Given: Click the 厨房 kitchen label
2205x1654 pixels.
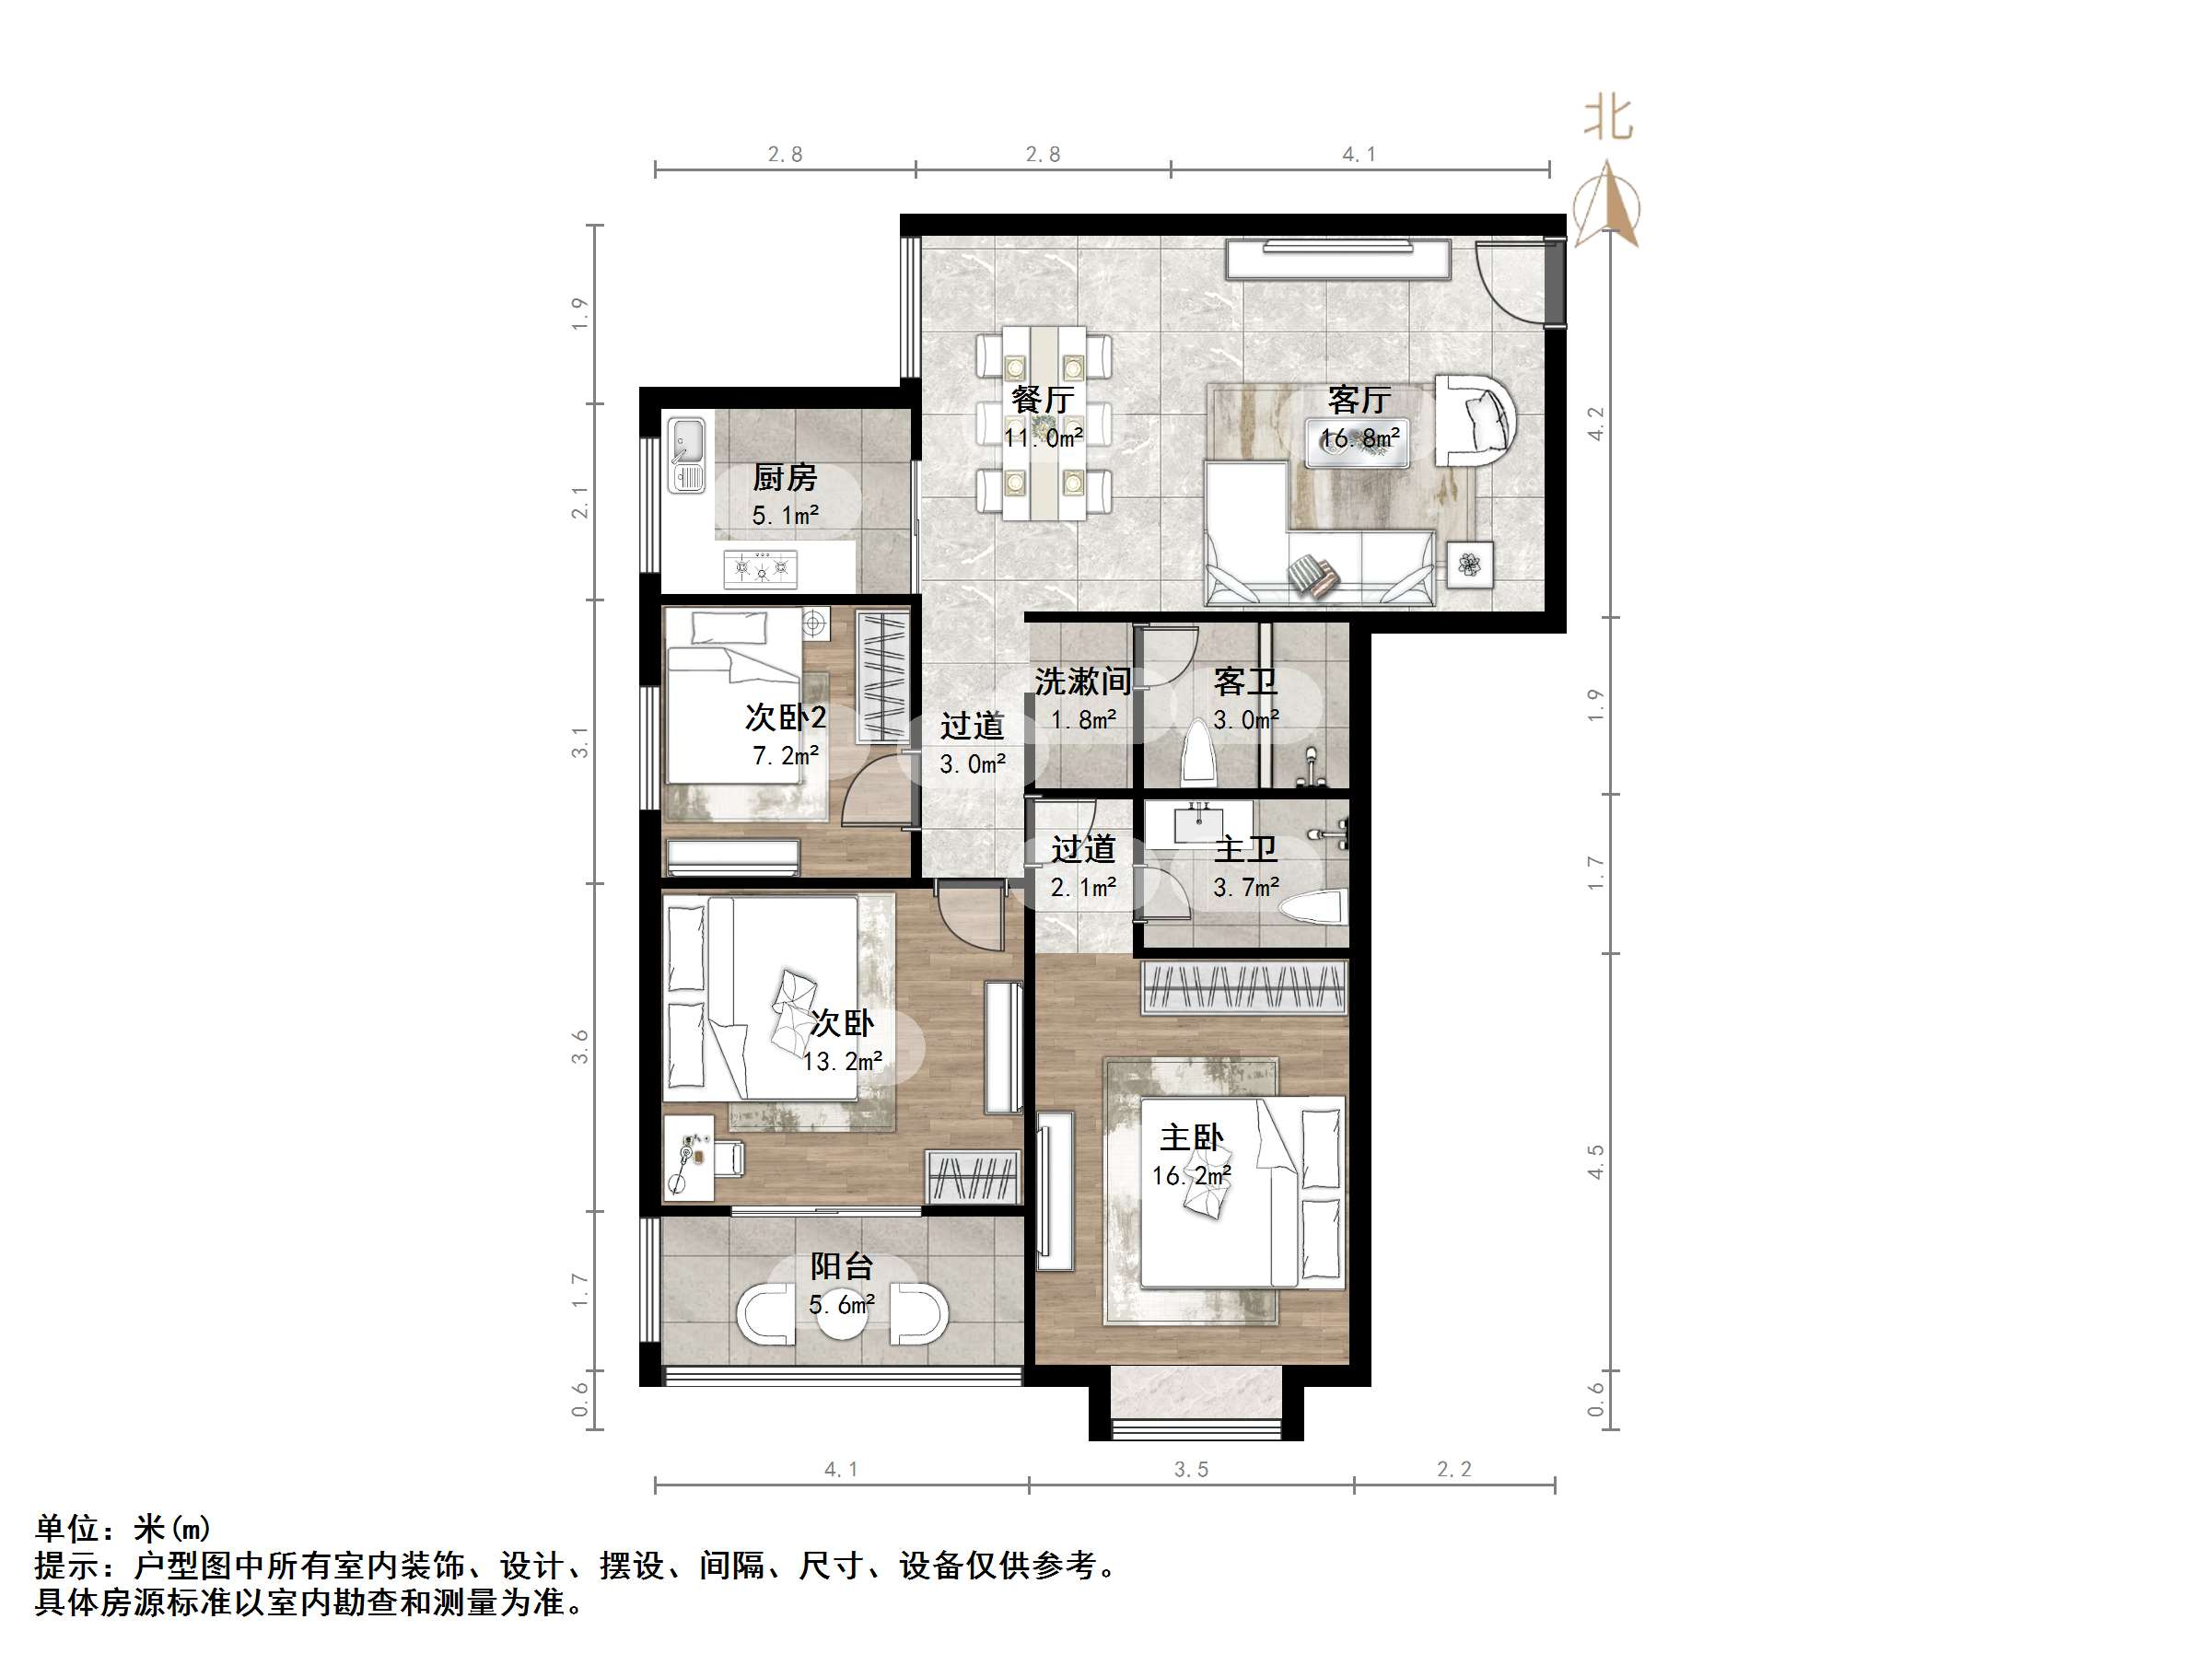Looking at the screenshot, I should click(x=784, y=478).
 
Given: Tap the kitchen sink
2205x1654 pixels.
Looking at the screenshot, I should click(x=686, y=455).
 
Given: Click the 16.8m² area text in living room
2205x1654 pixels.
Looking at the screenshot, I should click(x=1359, y=437).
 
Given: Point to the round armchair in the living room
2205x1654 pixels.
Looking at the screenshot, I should click(x=1476, y=420).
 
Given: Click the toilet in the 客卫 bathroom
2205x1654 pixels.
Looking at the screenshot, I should click(x=1196, y=756).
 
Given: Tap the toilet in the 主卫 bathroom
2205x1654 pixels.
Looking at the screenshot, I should click(x=1312, y=909).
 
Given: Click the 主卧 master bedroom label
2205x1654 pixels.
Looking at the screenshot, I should click(x=1191, y=1137).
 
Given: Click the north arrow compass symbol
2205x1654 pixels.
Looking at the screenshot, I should click(x=1607, y=205).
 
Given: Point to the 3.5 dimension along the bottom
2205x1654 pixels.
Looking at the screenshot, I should click(x=1190, y=1470).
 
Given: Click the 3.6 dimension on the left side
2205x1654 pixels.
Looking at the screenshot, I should click(x=580, y=1047).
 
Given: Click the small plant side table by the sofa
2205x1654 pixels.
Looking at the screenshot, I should click(x=1469, y=565).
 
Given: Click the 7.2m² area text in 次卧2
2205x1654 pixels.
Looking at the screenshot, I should click(x=785, y=756).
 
